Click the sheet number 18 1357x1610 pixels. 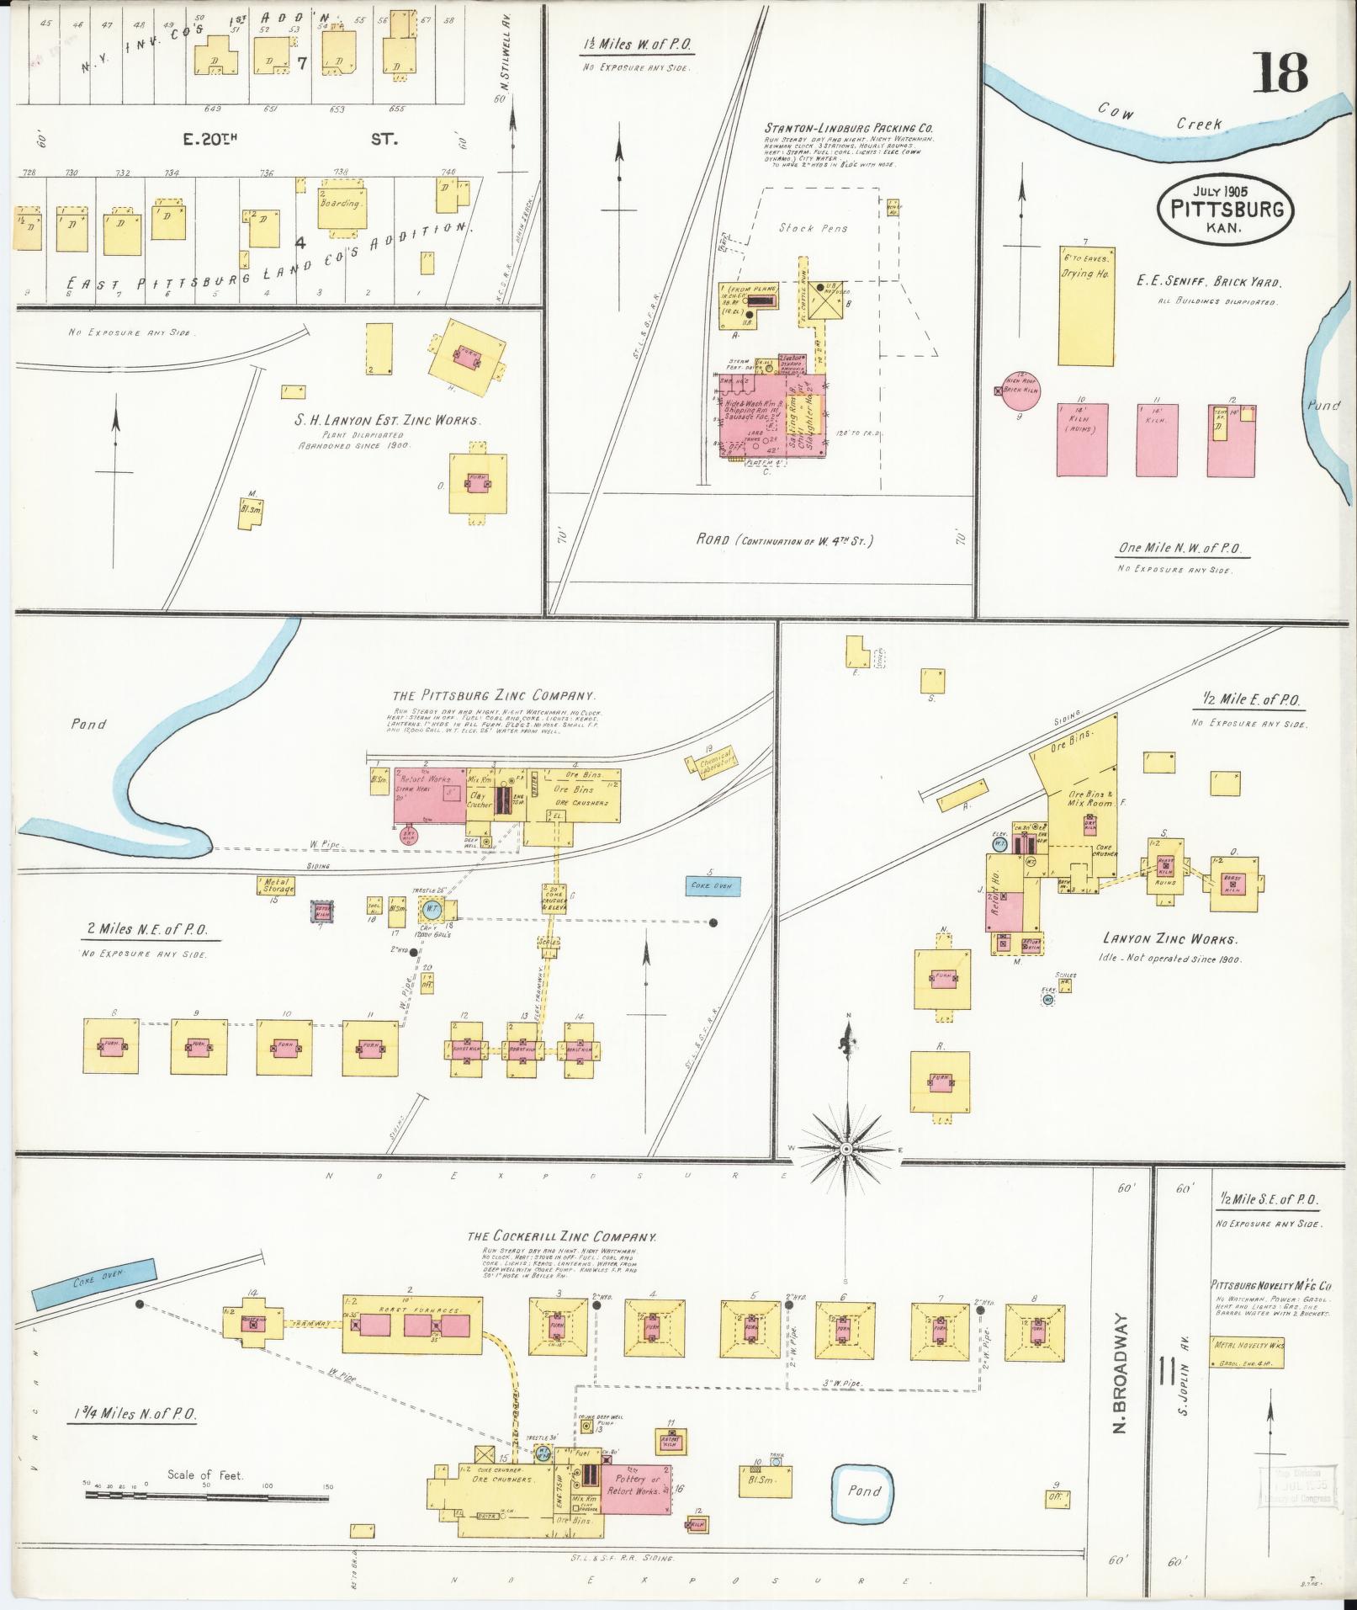point(1281,73)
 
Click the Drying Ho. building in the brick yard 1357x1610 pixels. point(1086,306)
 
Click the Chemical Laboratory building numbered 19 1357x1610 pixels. point(710,761)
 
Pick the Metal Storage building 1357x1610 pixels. point(276,885)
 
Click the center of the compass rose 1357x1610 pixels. point(847,1149)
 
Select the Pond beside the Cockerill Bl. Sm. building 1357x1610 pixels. point(863,1491)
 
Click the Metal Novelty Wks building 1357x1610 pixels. point(1247,1345)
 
